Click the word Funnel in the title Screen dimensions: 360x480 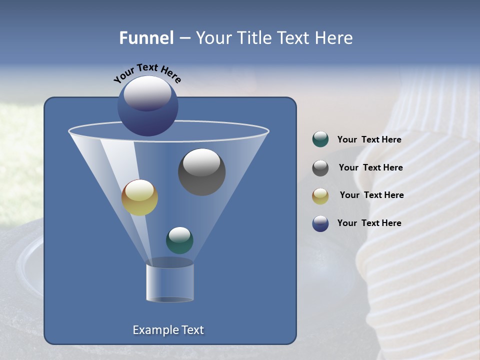click(146, 38)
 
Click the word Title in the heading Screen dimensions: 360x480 click(255, 38)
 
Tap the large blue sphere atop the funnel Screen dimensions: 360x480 click(148, 106)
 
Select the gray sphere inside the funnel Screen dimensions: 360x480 click(201, 172)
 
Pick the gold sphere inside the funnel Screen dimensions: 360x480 click(139, 197)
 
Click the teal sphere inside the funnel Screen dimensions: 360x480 click(179, 240)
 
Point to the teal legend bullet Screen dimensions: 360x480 click(320, 139)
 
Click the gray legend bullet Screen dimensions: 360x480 click(320, 168)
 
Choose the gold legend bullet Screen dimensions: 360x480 click(320, 196)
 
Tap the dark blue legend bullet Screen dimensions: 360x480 click(320, 223)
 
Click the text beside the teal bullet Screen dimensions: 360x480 click(369, 140)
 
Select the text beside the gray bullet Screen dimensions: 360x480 click(370, 168)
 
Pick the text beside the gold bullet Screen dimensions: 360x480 click(371, 195)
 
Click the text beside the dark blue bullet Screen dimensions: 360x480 click(369, 223)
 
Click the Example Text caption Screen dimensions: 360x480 click(168, 330)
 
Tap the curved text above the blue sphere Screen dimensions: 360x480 click(147, 73)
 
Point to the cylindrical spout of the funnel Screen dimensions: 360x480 click(169, 282)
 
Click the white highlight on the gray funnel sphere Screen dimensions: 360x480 click(201, 162)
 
